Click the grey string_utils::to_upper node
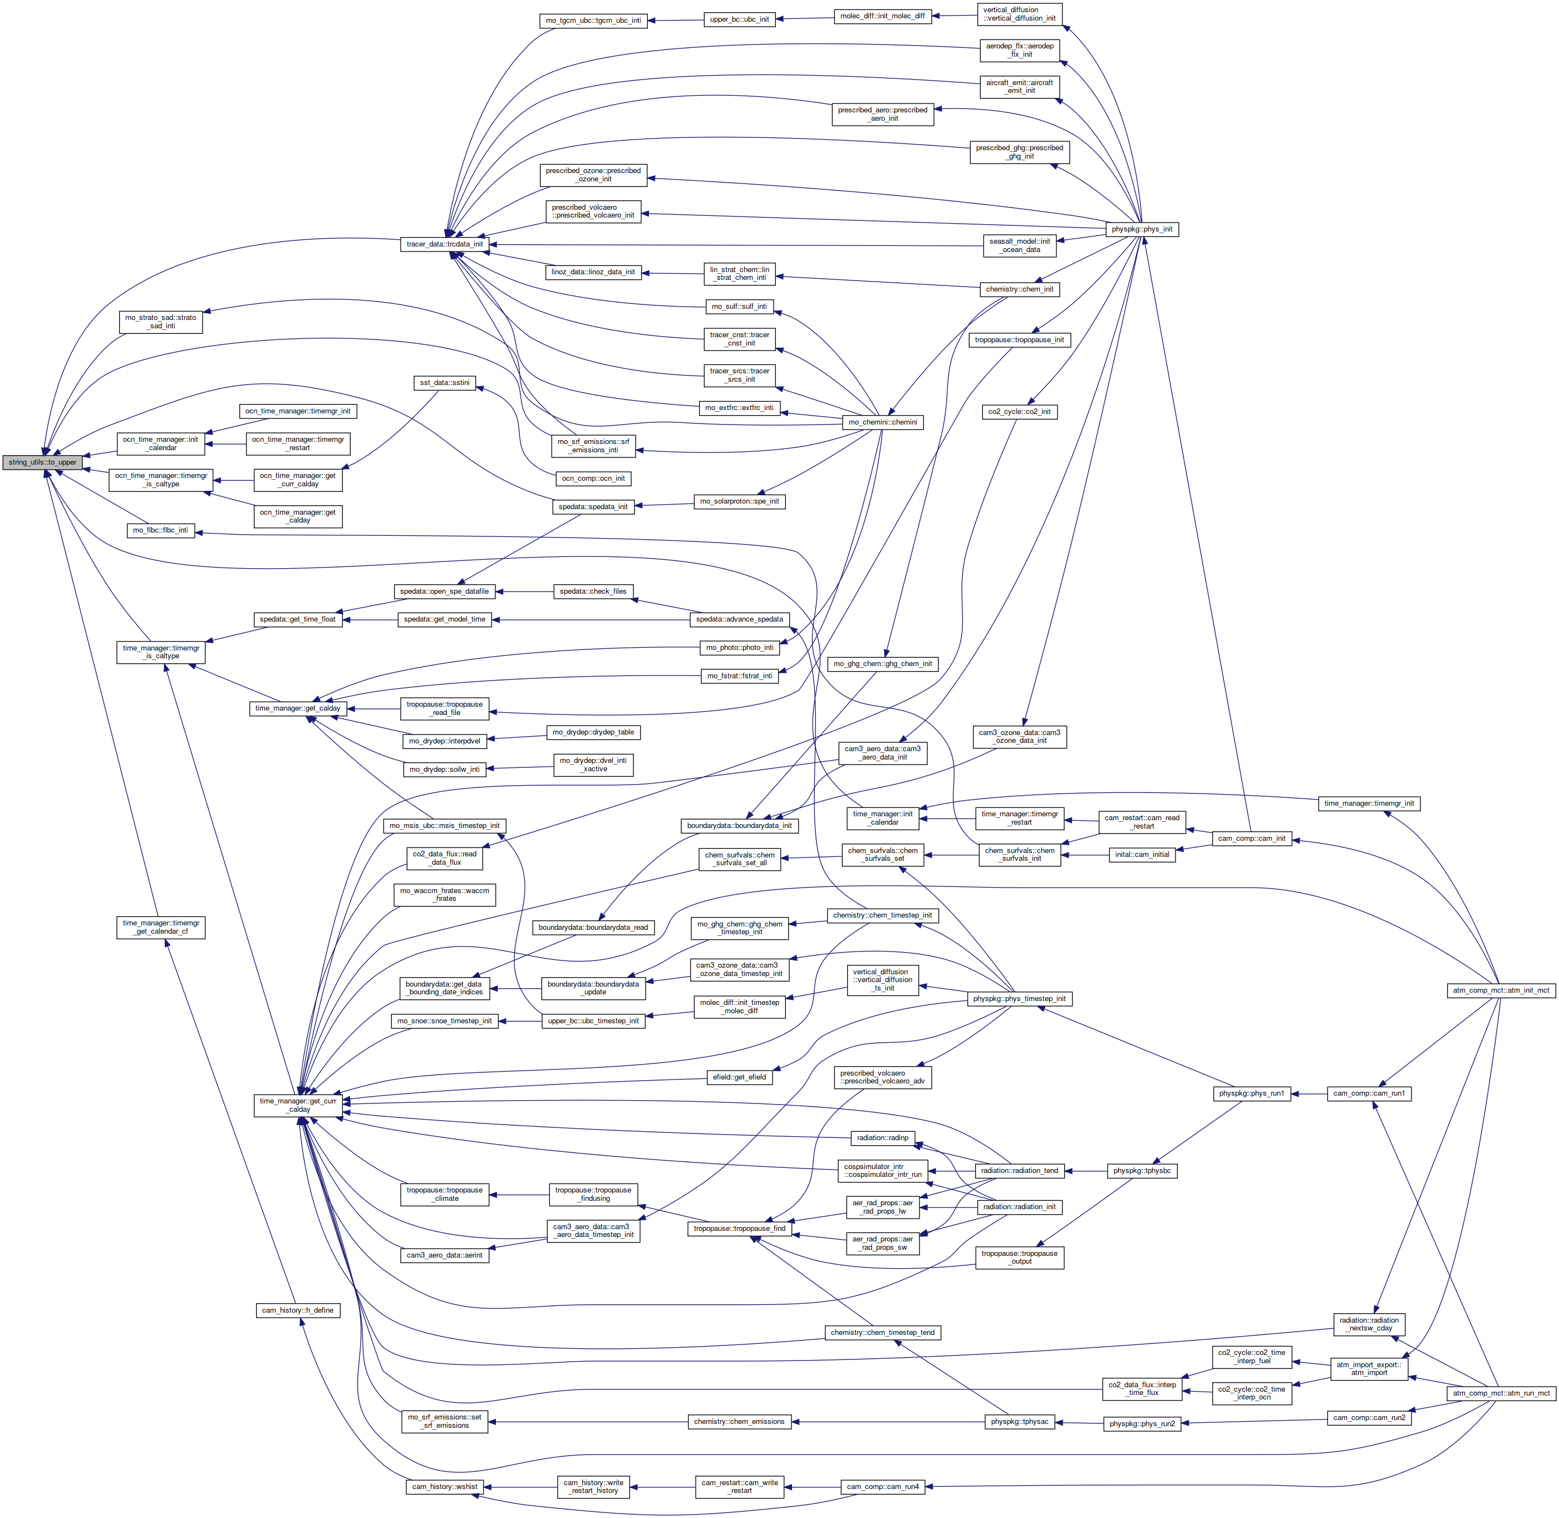[x=43, y=462]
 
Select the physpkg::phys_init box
[x=1142, y=230]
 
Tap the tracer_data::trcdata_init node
[x=445, y=244]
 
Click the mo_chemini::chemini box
[x=882, y=422]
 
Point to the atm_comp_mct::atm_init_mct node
[x=1501, y=990]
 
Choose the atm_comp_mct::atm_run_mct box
[x=1501, y=1393]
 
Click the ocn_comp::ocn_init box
[x=593, y=479]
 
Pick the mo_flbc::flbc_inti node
[x=161, y=530]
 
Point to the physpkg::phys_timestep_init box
[x=1019, y=999]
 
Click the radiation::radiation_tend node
[x=1020, y=1170]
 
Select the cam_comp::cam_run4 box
[x=883, y=1487]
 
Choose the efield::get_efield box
[x=740, y=1077]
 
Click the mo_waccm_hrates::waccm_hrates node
[x=445, y=895]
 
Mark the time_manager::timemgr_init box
[x=1369, y=804]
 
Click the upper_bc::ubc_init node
[x=739, y=19]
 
